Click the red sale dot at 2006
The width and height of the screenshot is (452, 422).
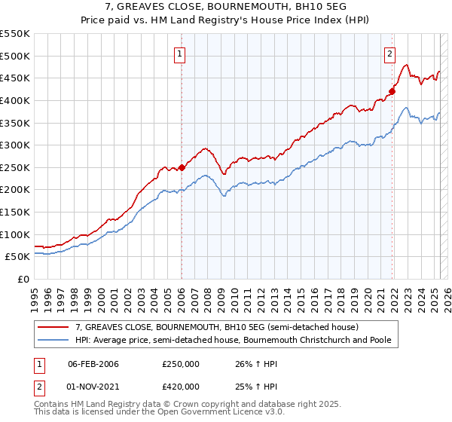[x=182, y=168]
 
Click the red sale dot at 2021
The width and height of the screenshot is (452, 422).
[x=392, y=92]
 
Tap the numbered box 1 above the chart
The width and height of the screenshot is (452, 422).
[x=181, y=54]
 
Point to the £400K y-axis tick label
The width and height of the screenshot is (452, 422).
[x=15, y=100]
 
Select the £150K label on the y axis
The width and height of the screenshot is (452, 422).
[x=15, y=212]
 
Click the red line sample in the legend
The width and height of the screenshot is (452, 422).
[x=53, y=327]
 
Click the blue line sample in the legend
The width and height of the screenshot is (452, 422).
[x=53, y=341]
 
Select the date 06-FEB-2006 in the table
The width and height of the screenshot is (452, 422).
[x=94, y=364]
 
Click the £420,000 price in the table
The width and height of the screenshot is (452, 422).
[x=180, y=386]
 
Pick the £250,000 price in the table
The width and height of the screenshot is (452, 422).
[x=180, y=364]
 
